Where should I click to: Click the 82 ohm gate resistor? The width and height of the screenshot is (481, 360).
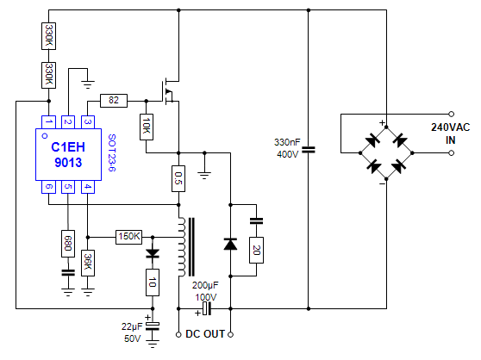114,101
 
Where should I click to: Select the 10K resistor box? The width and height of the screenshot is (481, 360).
147,127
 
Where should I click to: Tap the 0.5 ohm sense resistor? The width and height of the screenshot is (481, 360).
178,178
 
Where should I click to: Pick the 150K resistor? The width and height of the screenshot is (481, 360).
128,237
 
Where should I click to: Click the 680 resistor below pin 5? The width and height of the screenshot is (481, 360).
68,244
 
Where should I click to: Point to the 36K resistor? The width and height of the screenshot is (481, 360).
88,264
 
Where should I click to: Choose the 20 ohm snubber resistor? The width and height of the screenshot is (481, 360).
256,250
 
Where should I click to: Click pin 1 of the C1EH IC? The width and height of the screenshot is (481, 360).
48,122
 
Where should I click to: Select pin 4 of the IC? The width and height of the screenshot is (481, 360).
88,187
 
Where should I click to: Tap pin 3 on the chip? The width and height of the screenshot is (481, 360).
88,122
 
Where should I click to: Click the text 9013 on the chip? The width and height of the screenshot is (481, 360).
68,163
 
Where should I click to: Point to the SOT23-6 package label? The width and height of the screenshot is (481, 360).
112,152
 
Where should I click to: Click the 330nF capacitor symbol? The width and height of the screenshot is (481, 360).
309,150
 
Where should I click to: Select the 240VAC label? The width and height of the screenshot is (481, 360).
450,127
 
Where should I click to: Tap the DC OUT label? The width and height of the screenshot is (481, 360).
205,334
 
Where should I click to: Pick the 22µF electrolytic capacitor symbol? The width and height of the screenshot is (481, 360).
153,326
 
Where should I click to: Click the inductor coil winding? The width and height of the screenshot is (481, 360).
182,247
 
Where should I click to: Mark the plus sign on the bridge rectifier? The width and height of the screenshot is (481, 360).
382,123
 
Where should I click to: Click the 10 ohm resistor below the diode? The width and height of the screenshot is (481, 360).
153,282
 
